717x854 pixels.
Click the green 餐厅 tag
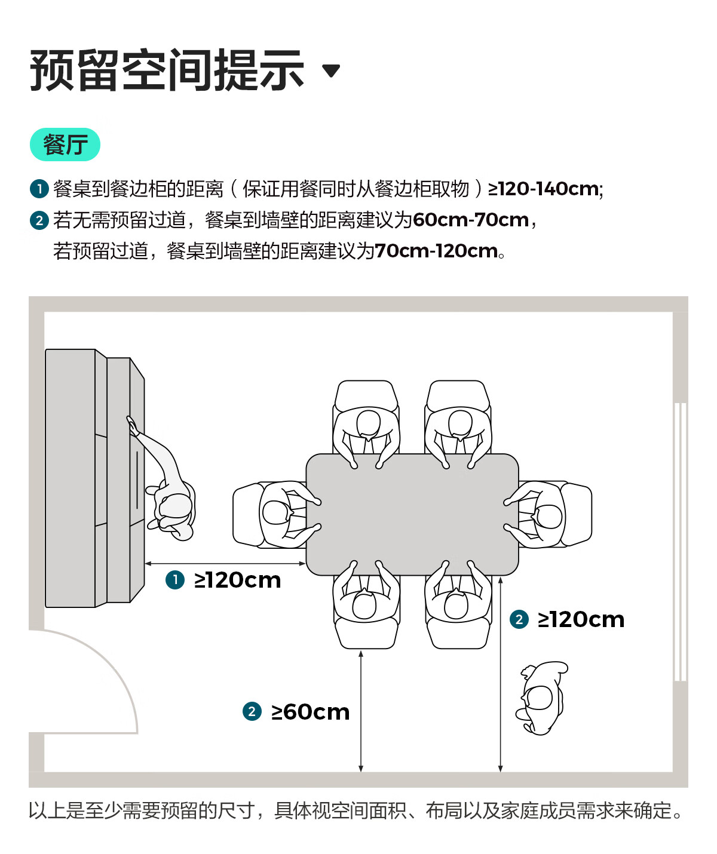pos(65,145)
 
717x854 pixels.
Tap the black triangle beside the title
pos(331,71)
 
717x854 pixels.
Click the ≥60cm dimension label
pos(310,712)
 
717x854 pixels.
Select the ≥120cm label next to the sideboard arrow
pos(237,580)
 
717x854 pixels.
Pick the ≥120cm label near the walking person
pos(581,619)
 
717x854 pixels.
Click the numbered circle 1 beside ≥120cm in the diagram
pos(175,580)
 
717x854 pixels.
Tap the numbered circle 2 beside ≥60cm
pos(252,711)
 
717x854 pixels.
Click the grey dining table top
pos(412,514)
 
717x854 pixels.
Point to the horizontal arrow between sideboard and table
pos(225,563)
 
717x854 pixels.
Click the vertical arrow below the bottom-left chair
pos(361,711)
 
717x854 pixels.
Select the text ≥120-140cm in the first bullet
pos(545,189)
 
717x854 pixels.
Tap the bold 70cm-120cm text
pos(436,251)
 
